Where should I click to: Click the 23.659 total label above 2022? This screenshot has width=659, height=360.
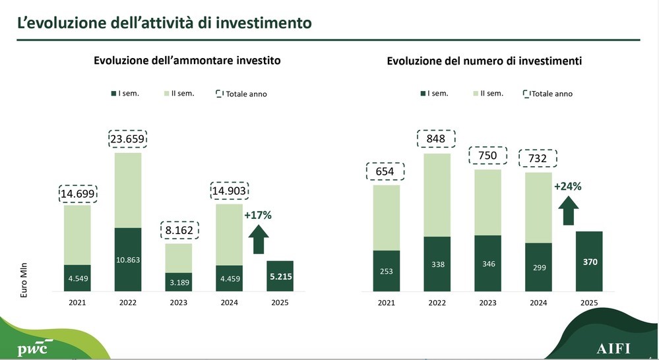click(127, 140)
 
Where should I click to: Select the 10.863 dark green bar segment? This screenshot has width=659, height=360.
click(127, 258)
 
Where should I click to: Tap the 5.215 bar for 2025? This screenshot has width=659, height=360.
click(280, 276)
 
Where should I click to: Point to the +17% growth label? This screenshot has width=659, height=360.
click(258, 215)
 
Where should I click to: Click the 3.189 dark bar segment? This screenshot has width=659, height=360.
click(178, 282)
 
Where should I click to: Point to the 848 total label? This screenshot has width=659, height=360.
click(435, 139)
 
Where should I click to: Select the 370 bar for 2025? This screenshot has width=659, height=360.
click(588, 261)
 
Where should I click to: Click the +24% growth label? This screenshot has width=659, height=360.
click(567, 187)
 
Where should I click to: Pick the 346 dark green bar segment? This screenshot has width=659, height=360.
click(487, 263)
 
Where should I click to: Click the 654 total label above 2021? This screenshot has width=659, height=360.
click(385, 171)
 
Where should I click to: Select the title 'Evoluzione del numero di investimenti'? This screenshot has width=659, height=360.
click(484, 61)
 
